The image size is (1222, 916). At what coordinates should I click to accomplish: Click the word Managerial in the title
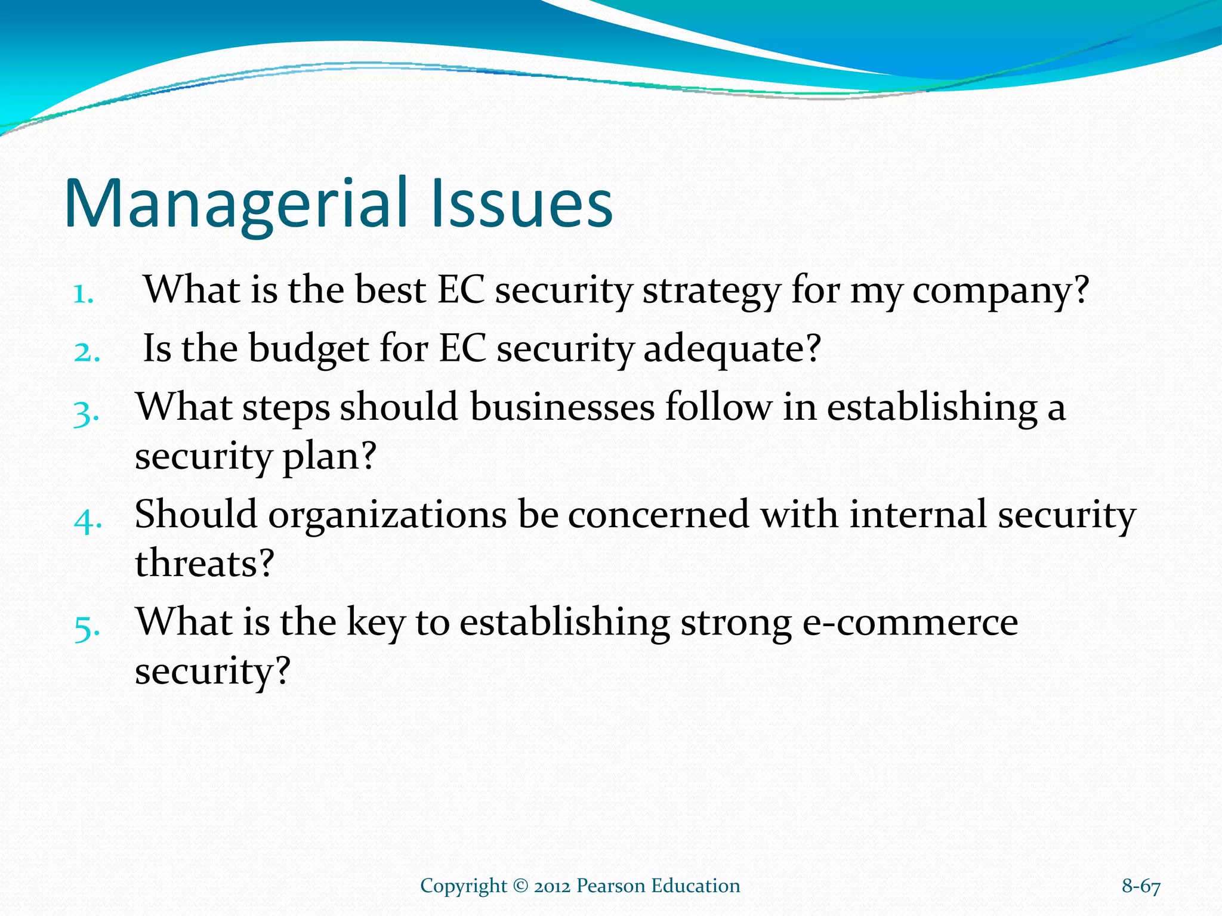236,204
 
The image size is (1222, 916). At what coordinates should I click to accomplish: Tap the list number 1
83,294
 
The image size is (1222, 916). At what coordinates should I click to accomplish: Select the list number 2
86,352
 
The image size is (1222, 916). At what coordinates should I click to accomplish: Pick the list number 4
87,520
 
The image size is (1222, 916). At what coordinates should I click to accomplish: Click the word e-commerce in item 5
909,623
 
